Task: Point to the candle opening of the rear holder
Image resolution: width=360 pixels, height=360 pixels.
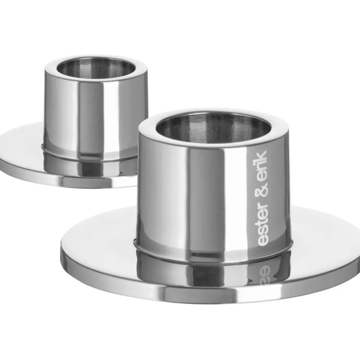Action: pos(96,68)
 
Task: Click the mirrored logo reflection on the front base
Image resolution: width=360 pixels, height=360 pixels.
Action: pos(263,273)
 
